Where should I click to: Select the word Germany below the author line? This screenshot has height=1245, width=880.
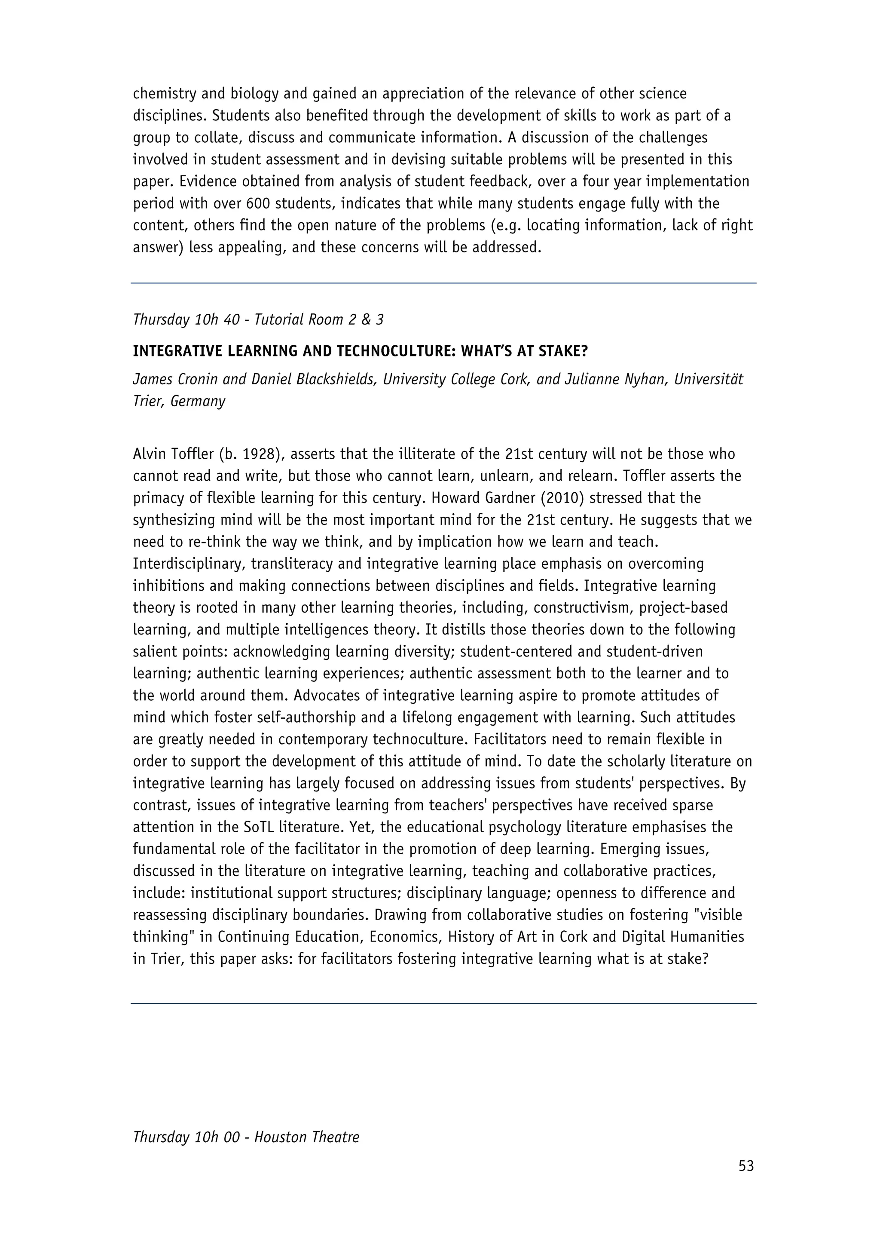point(197,402)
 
